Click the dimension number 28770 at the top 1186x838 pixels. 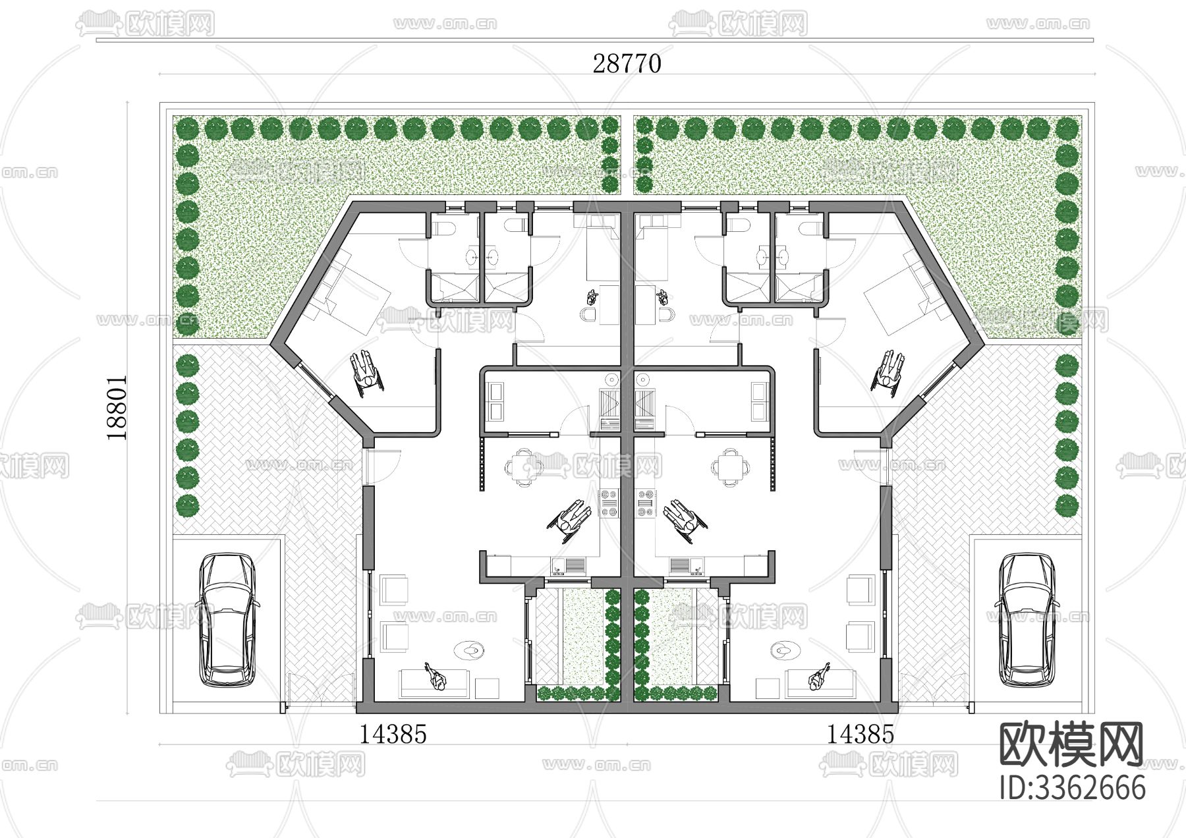pyautogui.click(x=627, y=64)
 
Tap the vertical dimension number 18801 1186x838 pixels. pyautogui.click(x=117, y=408)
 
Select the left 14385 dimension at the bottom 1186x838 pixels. pyautogui.click(x=393, y=734)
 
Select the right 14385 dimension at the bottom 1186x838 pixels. pyautogui.click(x=861, y=734)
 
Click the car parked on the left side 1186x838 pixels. pyautogui.click(x=227, y=620)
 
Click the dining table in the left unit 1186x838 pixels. pyautogui.click(x=524, y=467)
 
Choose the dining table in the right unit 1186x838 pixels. pyautogui.click(x=729, y=467)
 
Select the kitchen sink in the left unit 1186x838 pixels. pyautogui.click(x=573, y=565)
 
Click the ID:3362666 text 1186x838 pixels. pyautogui.click(x=1072, y=787)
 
